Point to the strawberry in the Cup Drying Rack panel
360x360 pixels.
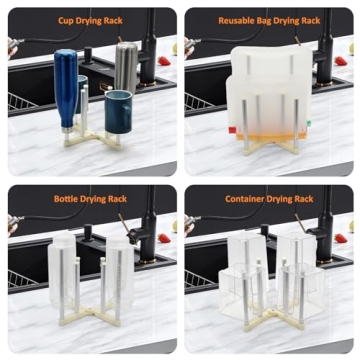point(163,61)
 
